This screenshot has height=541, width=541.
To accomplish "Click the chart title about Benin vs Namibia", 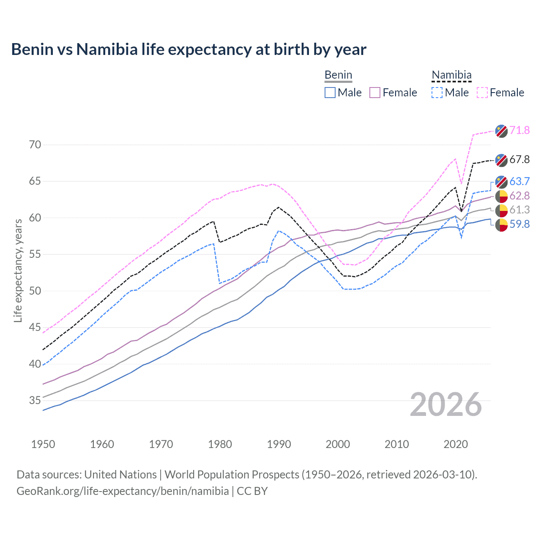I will pyautogui.click(x=189, y=49).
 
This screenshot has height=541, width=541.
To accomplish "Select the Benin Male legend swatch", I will pyautogui.click(x=330, y=93).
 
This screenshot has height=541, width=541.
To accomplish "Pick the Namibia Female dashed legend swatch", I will pyautogui.click(x=482, y=93).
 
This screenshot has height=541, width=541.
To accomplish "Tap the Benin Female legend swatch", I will pyautogui.click(x=375, y=93).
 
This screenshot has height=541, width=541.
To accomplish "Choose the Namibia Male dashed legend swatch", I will pyautogui.click(x=437, y=93).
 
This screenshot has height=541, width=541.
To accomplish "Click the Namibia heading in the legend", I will pyautogui.click(x=451, y=75).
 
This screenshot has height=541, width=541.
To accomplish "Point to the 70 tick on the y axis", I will pyautogui.click(x=35, y=145).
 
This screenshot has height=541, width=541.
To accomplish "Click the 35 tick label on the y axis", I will pyautogui.click(x=35, y=400).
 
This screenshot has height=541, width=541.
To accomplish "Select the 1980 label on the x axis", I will pyautogui.click(x=220, y=444).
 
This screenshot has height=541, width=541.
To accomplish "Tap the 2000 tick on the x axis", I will pyautogui.click(x=338, y=444).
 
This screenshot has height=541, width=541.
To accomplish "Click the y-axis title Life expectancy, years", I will pyautogui.click(x=18, y=270).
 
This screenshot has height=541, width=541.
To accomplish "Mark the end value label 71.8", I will pyautogui.click(x=519, y=130).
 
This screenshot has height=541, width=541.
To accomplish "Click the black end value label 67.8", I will pyautogui.click(x=519, y=159).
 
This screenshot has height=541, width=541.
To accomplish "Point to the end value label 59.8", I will pyautogui.click(x=519, y=224).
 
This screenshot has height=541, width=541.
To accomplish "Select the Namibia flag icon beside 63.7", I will pyautogui.click(x=501, y=182).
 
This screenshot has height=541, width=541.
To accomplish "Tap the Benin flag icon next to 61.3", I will pyautogui.click(x=501, y=210).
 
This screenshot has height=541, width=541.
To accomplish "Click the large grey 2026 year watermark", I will pyautogui.click(x=445, y=404).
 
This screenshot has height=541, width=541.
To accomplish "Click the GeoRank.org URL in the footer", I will pyautogui.click(x=123, y=491).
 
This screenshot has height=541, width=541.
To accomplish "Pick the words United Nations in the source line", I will pyautogui.click(x=120, y=475).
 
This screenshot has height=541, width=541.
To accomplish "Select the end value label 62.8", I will pyautogui.click(x=519, y=196).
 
